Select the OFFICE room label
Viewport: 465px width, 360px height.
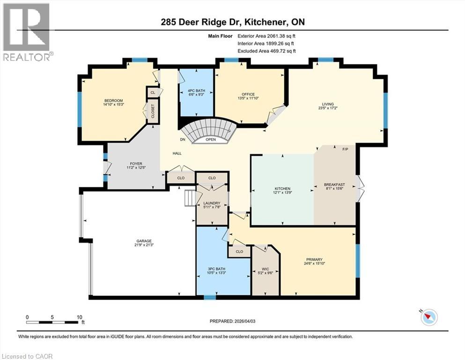(248, 94)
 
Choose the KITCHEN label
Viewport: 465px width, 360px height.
(282, 188)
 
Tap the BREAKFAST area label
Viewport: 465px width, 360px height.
(334, 185)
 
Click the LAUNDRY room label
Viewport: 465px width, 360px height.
(212, 203)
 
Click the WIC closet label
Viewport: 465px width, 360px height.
(266, 269)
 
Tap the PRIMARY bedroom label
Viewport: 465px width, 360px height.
(314, 260)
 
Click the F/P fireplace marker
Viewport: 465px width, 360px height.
(345, 149)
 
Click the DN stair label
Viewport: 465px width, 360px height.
(183, 140)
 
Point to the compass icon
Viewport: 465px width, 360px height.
(428, 317)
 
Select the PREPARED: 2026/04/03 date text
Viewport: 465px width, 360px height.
(232, 321)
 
